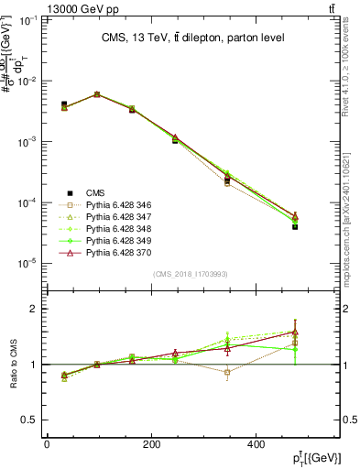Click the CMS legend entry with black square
95,191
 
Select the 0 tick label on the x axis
46,444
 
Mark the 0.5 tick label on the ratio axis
30,420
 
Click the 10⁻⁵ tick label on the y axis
27,263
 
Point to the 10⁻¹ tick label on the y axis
27,19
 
